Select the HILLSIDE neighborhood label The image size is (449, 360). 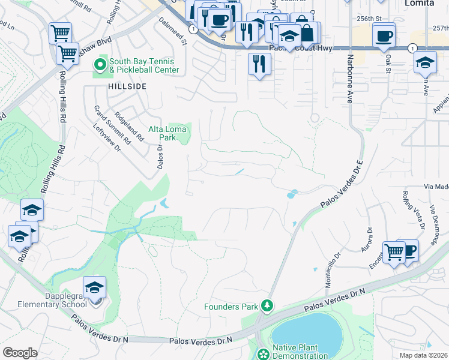coord(127,86)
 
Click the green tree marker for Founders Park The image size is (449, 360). coord(267,307)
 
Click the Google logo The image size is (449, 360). coord(20,353)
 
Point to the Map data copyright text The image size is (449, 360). coord(424,355)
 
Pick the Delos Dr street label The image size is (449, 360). coord(160,155)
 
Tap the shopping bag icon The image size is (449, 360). coord(306,33)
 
